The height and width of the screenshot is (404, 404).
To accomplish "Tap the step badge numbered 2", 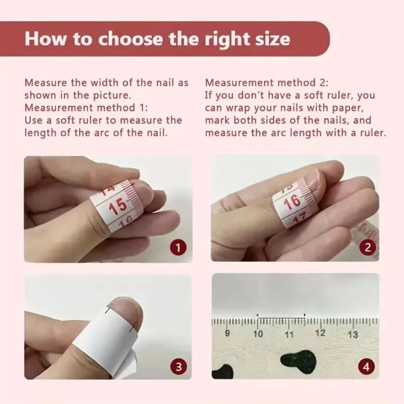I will click(x=367, y=247).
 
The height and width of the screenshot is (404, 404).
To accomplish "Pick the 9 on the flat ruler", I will click(x=227, y=334).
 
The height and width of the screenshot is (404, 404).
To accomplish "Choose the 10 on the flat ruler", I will click(x=258, y=334).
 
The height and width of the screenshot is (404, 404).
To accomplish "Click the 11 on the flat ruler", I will click(x=289, y=335).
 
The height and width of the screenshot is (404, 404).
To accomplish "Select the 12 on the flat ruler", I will click(x=320, y=333).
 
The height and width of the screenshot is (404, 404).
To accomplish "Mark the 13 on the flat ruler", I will click(x=352, y=334).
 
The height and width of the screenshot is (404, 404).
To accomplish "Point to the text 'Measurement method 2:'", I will click(x=267, y=83).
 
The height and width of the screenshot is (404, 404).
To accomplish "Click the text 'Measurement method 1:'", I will click(x=86, y=108).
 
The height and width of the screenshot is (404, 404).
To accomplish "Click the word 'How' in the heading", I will click(x=42, y=39).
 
